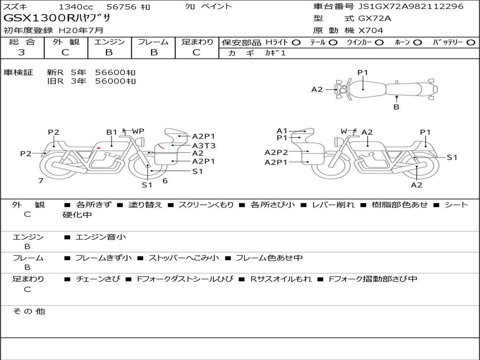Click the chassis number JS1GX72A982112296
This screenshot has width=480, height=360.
[x=411, y=7]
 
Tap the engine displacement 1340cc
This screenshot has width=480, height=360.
[x=76, y=7]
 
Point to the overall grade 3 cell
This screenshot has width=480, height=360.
[x=22, y=52]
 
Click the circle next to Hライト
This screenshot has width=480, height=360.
[x=296, y=43]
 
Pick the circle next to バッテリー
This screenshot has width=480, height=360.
[x=471, y=43]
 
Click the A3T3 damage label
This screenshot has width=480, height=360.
[x=203, y=145]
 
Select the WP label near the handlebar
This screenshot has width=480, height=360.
[x=138, y=131]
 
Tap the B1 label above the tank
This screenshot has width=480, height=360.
[x=112, y=132]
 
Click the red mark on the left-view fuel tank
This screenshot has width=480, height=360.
[x=98, y=148]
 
